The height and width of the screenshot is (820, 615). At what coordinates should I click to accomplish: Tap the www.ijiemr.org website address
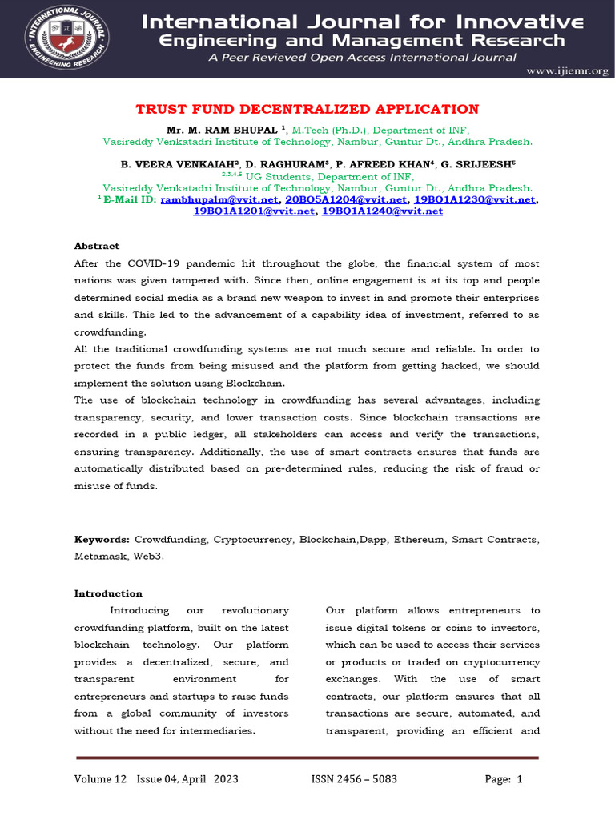coord(567,71)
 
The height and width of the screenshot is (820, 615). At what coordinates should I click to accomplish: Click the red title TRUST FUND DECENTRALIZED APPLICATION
coord(307,109)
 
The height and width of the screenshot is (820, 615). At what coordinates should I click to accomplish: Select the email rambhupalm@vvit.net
coord(220,199)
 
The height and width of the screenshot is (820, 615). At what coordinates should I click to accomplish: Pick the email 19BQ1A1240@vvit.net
coord(382,211)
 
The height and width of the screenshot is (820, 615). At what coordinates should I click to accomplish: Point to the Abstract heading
coord(97,246)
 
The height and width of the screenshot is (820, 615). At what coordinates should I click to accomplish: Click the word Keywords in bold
coord(102,540)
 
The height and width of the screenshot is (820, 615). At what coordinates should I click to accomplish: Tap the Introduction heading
coord(108,593)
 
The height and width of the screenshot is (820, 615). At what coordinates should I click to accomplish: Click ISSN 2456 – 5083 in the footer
coord(354,779)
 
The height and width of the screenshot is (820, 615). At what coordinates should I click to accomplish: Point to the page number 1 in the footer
coord(520,779)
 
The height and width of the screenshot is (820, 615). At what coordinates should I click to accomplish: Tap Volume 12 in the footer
coord(101,779)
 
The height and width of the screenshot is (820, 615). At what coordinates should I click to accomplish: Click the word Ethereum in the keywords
coord(420,540)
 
